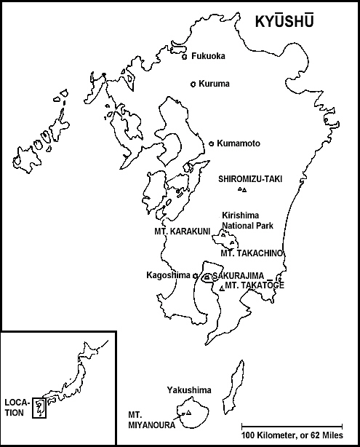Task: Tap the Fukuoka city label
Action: click(209, 56)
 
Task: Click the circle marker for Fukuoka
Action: click(185, 56)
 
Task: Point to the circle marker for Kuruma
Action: click(193, 84)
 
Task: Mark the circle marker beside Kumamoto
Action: click(212, 143)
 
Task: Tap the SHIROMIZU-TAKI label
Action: click(249, 178)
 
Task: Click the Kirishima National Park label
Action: click(247, 221)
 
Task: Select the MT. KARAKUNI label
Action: click(182, 232)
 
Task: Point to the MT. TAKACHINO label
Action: click(251, 253)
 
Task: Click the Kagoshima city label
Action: click(168, 275)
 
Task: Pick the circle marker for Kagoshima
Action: click(195, 275)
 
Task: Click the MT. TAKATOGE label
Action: click(255, 285)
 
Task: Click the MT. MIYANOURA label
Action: click(146, 420)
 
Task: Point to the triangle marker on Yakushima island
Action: click(189, 414)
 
